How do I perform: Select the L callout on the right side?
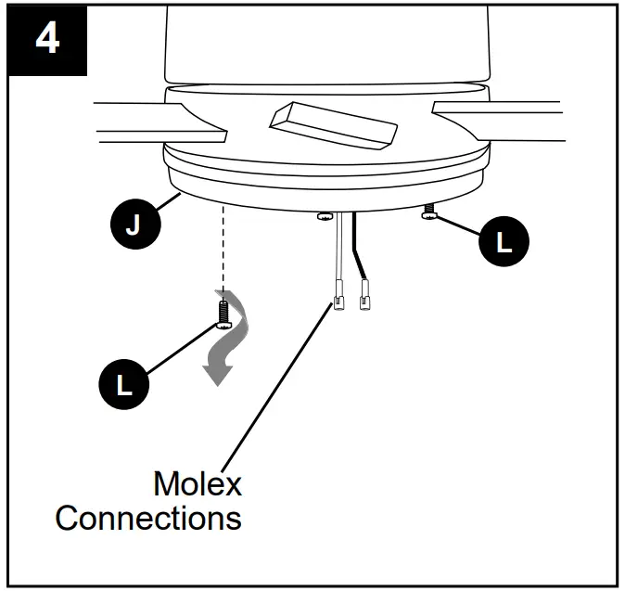503,243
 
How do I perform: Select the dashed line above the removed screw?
223,251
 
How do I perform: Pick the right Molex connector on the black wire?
364,299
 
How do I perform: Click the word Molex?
197,483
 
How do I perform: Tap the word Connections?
148,518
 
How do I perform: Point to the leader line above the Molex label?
278,390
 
